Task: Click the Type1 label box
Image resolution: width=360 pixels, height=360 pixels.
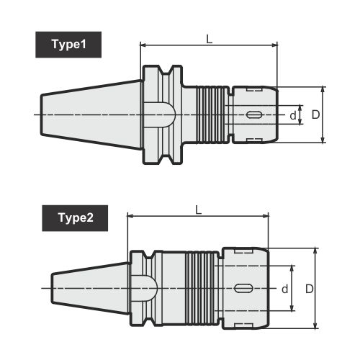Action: click(68, 45)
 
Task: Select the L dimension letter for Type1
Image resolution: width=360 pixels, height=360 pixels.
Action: click(209, 39)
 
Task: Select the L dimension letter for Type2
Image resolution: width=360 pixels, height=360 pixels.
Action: click(197, 209)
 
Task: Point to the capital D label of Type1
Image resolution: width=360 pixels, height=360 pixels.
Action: click(315, 114)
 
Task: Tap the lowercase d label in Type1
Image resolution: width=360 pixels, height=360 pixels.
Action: click(292, 115)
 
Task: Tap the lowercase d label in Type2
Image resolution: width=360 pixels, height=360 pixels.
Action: click(285, 289)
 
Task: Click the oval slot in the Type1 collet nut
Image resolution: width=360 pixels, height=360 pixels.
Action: click(254, 114)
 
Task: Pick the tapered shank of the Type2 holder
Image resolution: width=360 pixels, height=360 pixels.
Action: click(90, 288)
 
